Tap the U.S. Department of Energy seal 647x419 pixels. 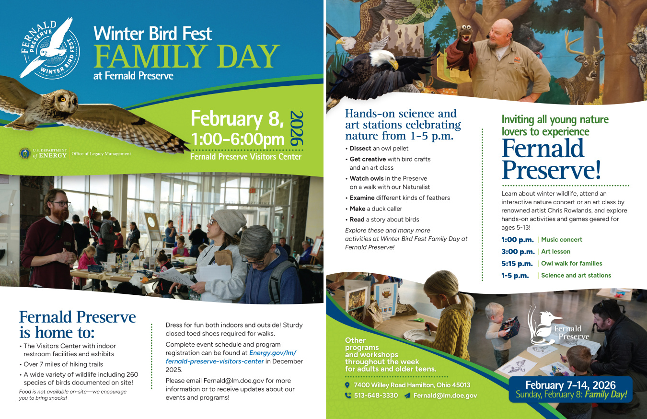pyautogui.click(x=24, y=153)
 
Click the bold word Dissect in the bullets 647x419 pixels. pyautogui.click(x=360, y=148)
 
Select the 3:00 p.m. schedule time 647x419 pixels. pyautogui.click(x=518, y=251)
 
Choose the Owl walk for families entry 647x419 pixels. pyautogui.click(x=571, y=263)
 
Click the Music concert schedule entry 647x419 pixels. pyautogui.click(x=561, y=239)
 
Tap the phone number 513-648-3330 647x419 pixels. pyautogui.click(x=375, y=396)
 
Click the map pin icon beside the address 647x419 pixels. pyautogui.click(x=347, y=385)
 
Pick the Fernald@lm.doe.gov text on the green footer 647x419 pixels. pyautogui.click(x=445, y=396)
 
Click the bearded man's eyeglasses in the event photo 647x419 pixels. pyautogui.click(x=61, y=204)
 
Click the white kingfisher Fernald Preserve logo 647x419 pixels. pyautogui.click(x=556, y=326)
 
